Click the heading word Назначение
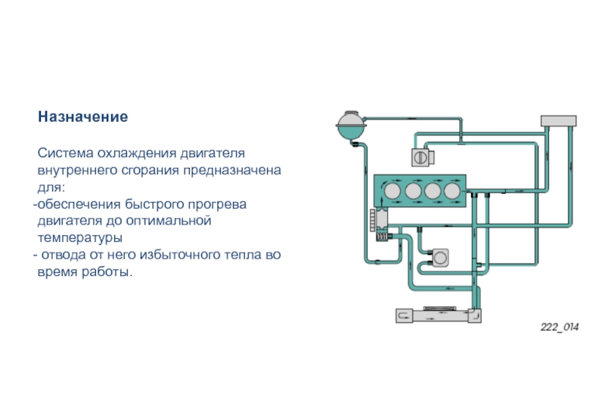(83, 118)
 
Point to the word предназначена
(230, 170)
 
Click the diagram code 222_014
(559, 327)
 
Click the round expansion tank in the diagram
(350, 125)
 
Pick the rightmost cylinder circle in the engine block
(452, 190)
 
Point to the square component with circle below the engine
(439, 258)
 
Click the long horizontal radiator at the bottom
(438, 315)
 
